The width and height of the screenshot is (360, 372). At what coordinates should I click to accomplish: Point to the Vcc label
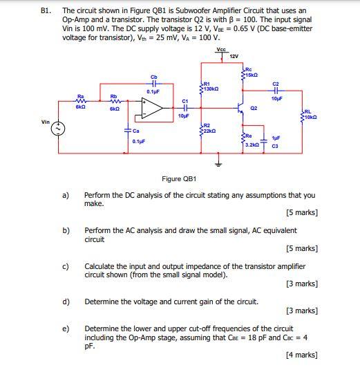click(x=220, y=50)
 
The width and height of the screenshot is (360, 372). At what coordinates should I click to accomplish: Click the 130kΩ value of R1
click(x=212, y=89)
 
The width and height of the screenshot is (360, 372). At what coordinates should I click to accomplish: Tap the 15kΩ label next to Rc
click(x=254, y=74)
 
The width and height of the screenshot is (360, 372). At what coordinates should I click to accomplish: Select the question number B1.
click(x=46, y=12)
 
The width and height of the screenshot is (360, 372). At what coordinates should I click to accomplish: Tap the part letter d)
click(x=66, y=301)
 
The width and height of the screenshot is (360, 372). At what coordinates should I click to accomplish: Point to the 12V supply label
click(x=234, y=57)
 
